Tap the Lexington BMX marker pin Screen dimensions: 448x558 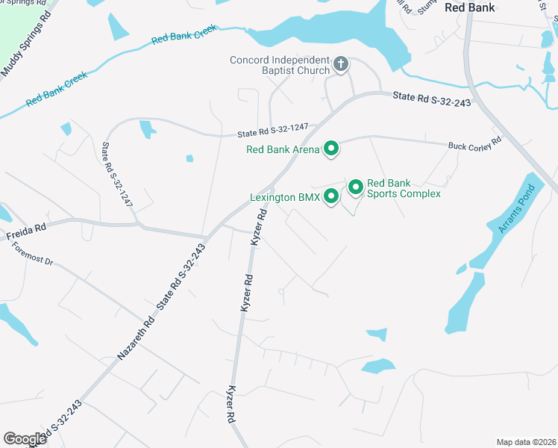(331, 196)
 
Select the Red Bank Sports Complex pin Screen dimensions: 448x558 (356, 187)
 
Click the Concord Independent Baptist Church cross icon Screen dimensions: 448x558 (341, 65)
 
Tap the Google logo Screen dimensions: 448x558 (25, 438)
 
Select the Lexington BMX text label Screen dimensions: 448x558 (284, 198)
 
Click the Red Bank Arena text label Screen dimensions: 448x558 (283, 149)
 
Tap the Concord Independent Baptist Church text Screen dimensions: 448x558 (280, 65)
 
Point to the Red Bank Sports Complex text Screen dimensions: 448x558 (404, 188)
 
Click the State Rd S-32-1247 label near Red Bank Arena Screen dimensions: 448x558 (272, 131)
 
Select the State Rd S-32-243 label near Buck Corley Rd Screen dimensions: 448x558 (432, 99)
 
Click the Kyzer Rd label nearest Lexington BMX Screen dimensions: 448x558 (259, 227)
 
